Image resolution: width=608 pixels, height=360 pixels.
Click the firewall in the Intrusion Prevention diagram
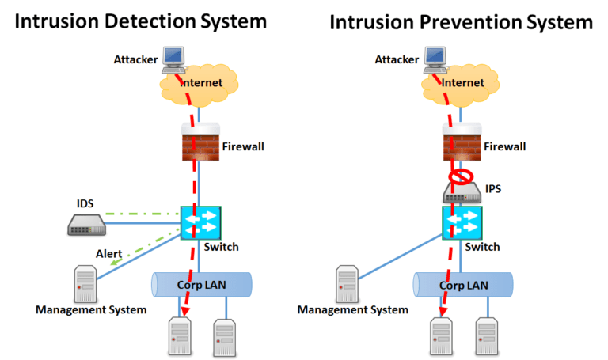(x=460, y=144)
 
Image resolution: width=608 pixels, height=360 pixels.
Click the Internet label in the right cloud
(x=463, y=81)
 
